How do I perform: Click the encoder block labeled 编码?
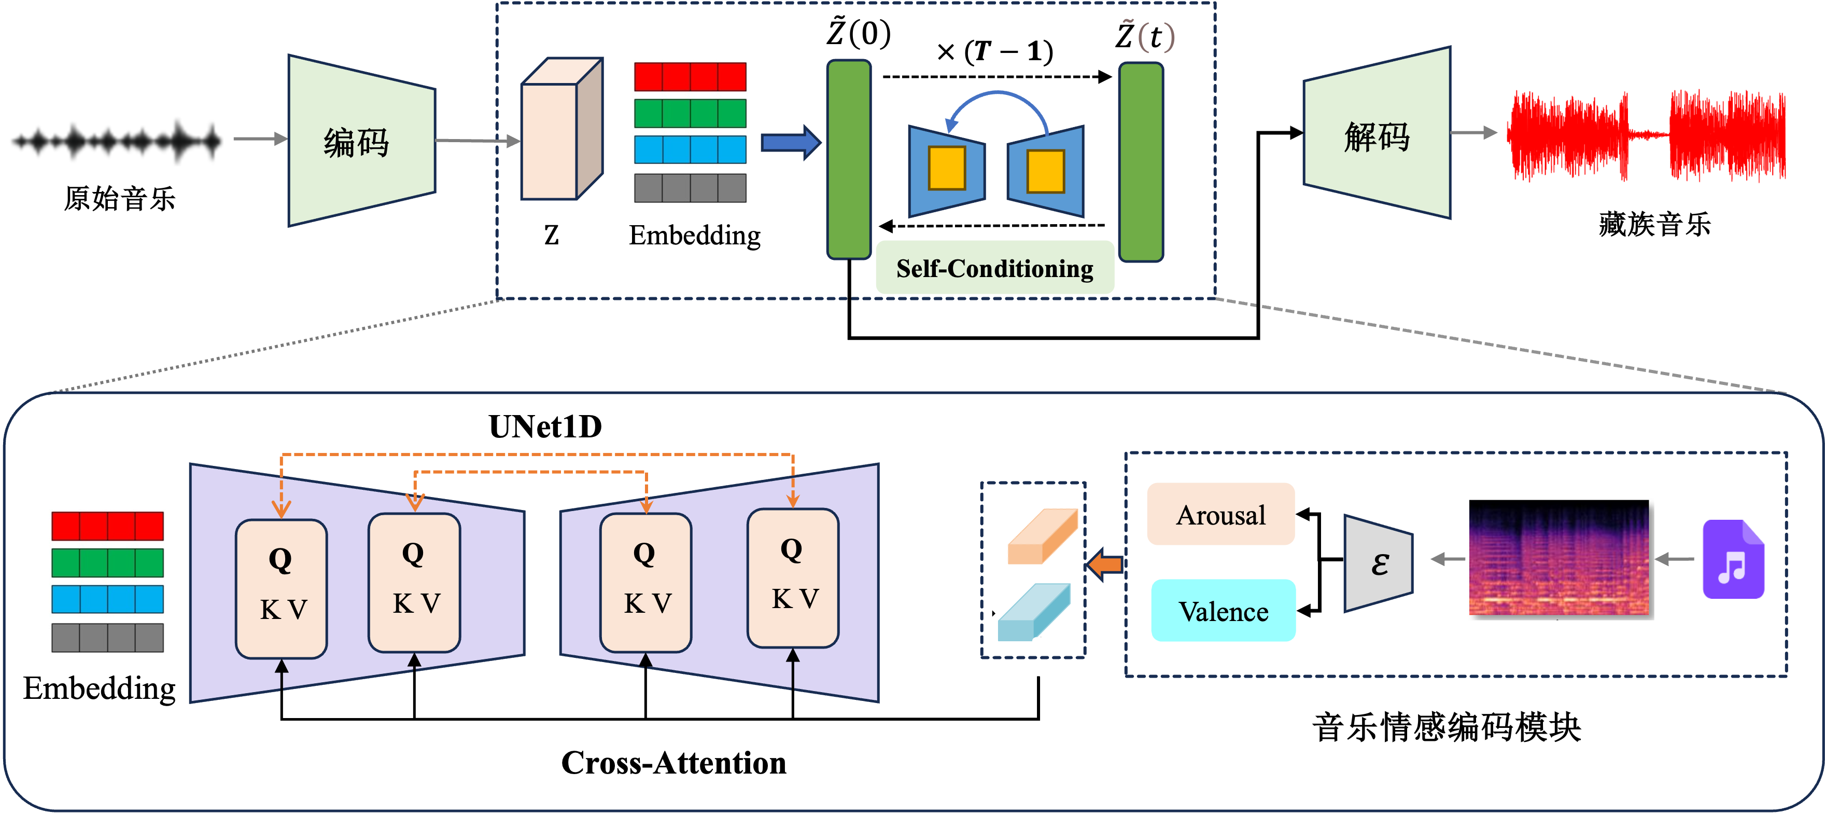[x=361, y=141]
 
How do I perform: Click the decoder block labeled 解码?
[x=1377, y=135]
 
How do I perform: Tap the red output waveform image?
[x=1645, y=132]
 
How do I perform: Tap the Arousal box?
[x=1220, y=515]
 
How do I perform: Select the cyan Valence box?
[x=1223, y=611]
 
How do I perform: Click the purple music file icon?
[x=1732, y=559]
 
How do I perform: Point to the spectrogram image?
[x=1559, y=559]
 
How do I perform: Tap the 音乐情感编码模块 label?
[x=1446, y=726]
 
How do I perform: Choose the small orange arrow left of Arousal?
[x=1104, y=565]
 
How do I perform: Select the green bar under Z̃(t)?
[x=1141, y=162]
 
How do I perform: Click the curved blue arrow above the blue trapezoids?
[x=997, y=106]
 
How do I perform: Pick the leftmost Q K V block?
[x=281, y=588]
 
